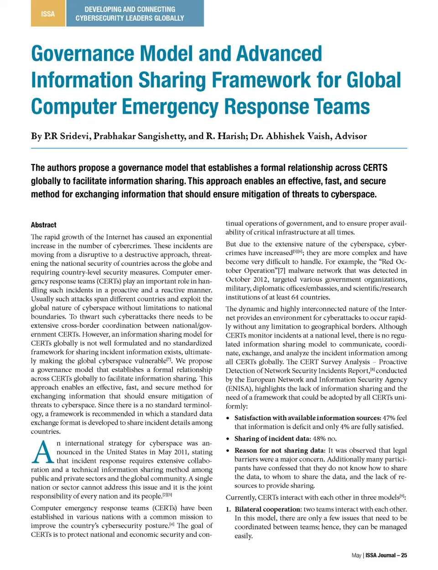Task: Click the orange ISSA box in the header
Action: click(48, 14)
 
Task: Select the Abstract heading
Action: click(44, 225)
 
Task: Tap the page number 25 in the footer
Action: click(404, 555)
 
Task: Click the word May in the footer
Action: click(356, 555)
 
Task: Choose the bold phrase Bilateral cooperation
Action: click(268, 509)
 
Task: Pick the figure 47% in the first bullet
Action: click(389, 418)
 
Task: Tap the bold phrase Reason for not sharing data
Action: click(280, 450)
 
